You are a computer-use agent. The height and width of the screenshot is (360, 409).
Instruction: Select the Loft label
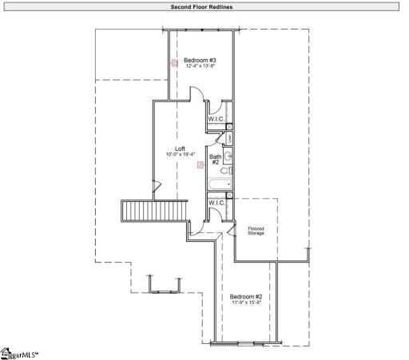point(181,148)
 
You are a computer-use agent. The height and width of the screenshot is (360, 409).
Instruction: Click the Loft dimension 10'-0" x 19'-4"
point(181,154)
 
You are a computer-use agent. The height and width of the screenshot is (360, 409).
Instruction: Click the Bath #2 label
point(216,160)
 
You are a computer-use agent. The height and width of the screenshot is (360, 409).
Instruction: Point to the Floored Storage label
point(256,231)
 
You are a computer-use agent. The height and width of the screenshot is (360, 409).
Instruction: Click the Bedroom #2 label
point(246,297)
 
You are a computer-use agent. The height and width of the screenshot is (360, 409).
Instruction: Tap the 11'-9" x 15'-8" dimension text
point(246,303)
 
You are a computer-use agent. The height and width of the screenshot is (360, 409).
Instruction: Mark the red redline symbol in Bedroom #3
point(174,62)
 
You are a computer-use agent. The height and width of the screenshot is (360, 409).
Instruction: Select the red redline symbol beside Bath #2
point(201,165)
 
